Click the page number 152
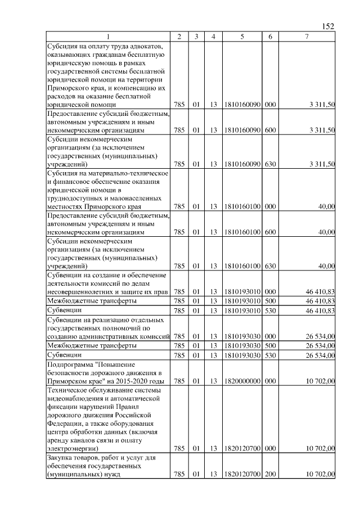pyautogui.click(x=328, y=26)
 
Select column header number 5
pyautogui.click(x=241, y=37)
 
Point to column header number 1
pyautogui.click(x=109, y=37)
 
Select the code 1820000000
pyautogui.click(x=241, y=381)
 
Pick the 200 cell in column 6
pyautogui.click(x=270, y=475)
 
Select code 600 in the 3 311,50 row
pyautogui.click(x=270, y=130)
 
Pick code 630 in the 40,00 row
pyautogui.click(x=270, y=265)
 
